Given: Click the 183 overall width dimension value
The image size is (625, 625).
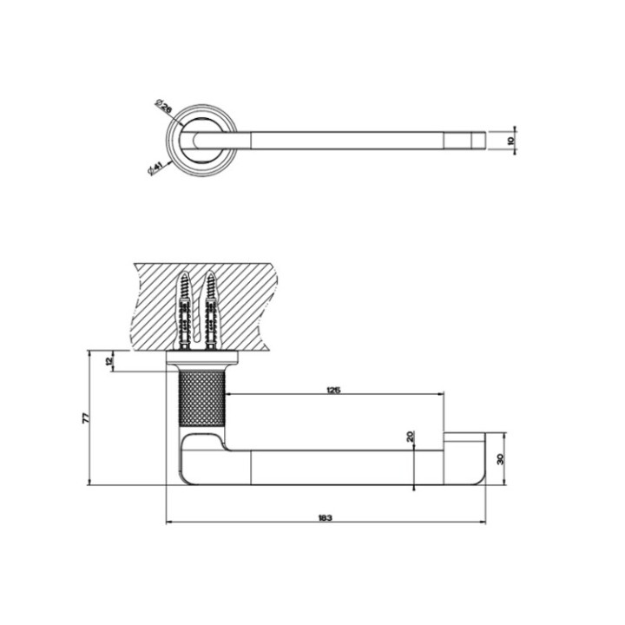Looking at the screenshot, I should pos(325,517).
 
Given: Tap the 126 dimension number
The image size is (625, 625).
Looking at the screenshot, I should pos(333,390).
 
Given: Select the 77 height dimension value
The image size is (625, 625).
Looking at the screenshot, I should pos(86,418).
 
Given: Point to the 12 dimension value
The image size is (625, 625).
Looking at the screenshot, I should pos(109,360).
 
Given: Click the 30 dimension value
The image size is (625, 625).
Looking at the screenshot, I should pos(500,459).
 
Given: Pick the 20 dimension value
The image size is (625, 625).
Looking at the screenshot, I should pos(410,437).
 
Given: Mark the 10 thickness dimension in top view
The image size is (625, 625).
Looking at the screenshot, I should pos(510,139).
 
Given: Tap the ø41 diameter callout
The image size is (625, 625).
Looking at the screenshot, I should pos(156,165).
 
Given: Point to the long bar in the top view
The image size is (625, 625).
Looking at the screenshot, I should pos(347,139).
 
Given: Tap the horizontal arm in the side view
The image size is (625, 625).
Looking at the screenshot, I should pos(347,467).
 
